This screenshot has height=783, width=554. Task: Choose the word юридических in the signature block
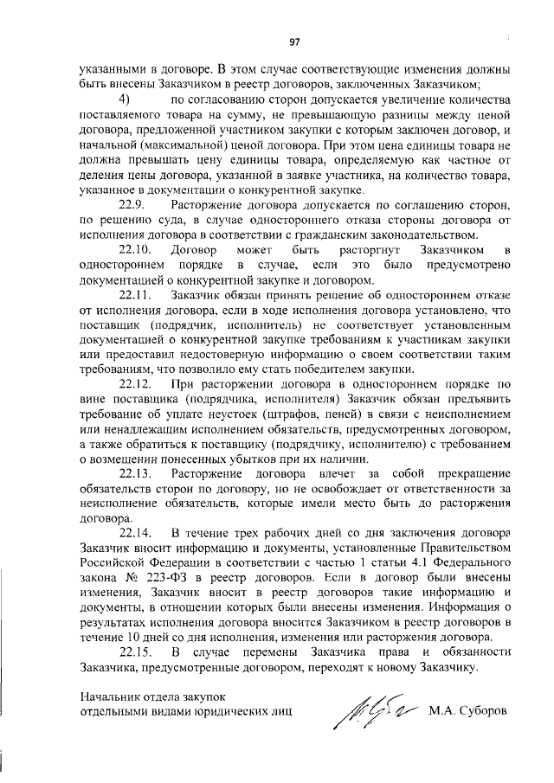click(x=224, y=712)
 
